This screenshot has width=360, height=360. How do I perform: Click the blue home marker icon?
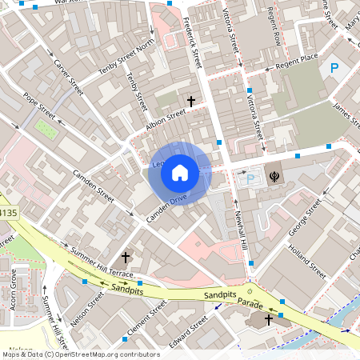pos(180,173)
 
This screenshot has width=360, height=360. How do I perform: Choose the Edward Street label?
pos(189,330)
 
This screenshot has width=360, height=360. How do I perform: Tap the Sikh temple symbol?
pos(274,175)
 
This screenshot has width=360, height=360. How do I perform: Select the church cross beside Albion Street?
pos(190,102)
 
